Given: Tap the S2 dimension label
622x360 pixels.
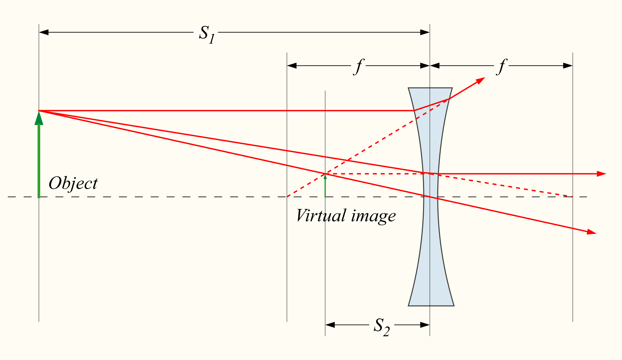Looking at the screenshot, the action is tap(382, 327).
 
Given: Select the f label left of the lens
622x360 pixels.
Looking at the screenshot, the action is tap(359, 67).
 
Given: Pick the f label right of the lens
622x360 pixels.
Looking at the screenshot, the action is tap(501, 67).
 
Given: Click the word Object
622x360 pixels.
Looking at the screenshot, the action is tap(73, 183).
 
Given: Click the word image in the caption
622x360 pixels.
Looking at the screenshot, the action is tap(374, 216).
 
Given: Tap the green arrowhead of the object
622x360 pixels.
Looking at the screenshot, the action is tap(39, 118).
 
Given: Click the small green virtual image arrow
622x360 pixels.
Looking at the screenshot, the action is tap(325, 185).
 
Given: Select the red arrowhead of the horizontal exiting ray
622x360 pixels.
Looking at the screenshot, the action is tap(601, 174).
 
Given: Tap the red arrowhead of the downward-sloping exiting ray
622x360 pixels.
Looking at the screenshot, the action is tap(592, 232).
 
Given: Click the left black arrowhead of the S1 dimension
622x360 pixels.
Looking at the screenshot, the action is tap(44, 32).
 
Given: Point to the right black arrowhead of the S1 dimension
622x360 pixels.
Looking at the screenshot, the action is tap(425, 32).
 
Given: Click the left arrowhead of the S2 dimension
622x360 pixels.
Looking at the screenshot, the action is tap(330, 325).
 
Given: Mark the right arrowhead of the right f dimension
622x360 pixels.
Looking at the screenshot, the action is tap(568, 66).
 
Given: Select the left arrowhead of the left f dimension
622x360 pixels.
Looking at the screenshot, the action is tap(292, 66).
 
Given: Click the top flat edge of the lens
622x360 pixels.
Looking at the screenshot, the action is tap(430, 88).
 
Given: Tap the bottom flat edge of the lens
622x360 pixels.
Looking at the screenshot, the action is tap(431, 306).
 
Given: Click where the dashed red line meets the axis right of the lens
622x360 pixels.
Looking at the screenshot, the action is tap(572, 197).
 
